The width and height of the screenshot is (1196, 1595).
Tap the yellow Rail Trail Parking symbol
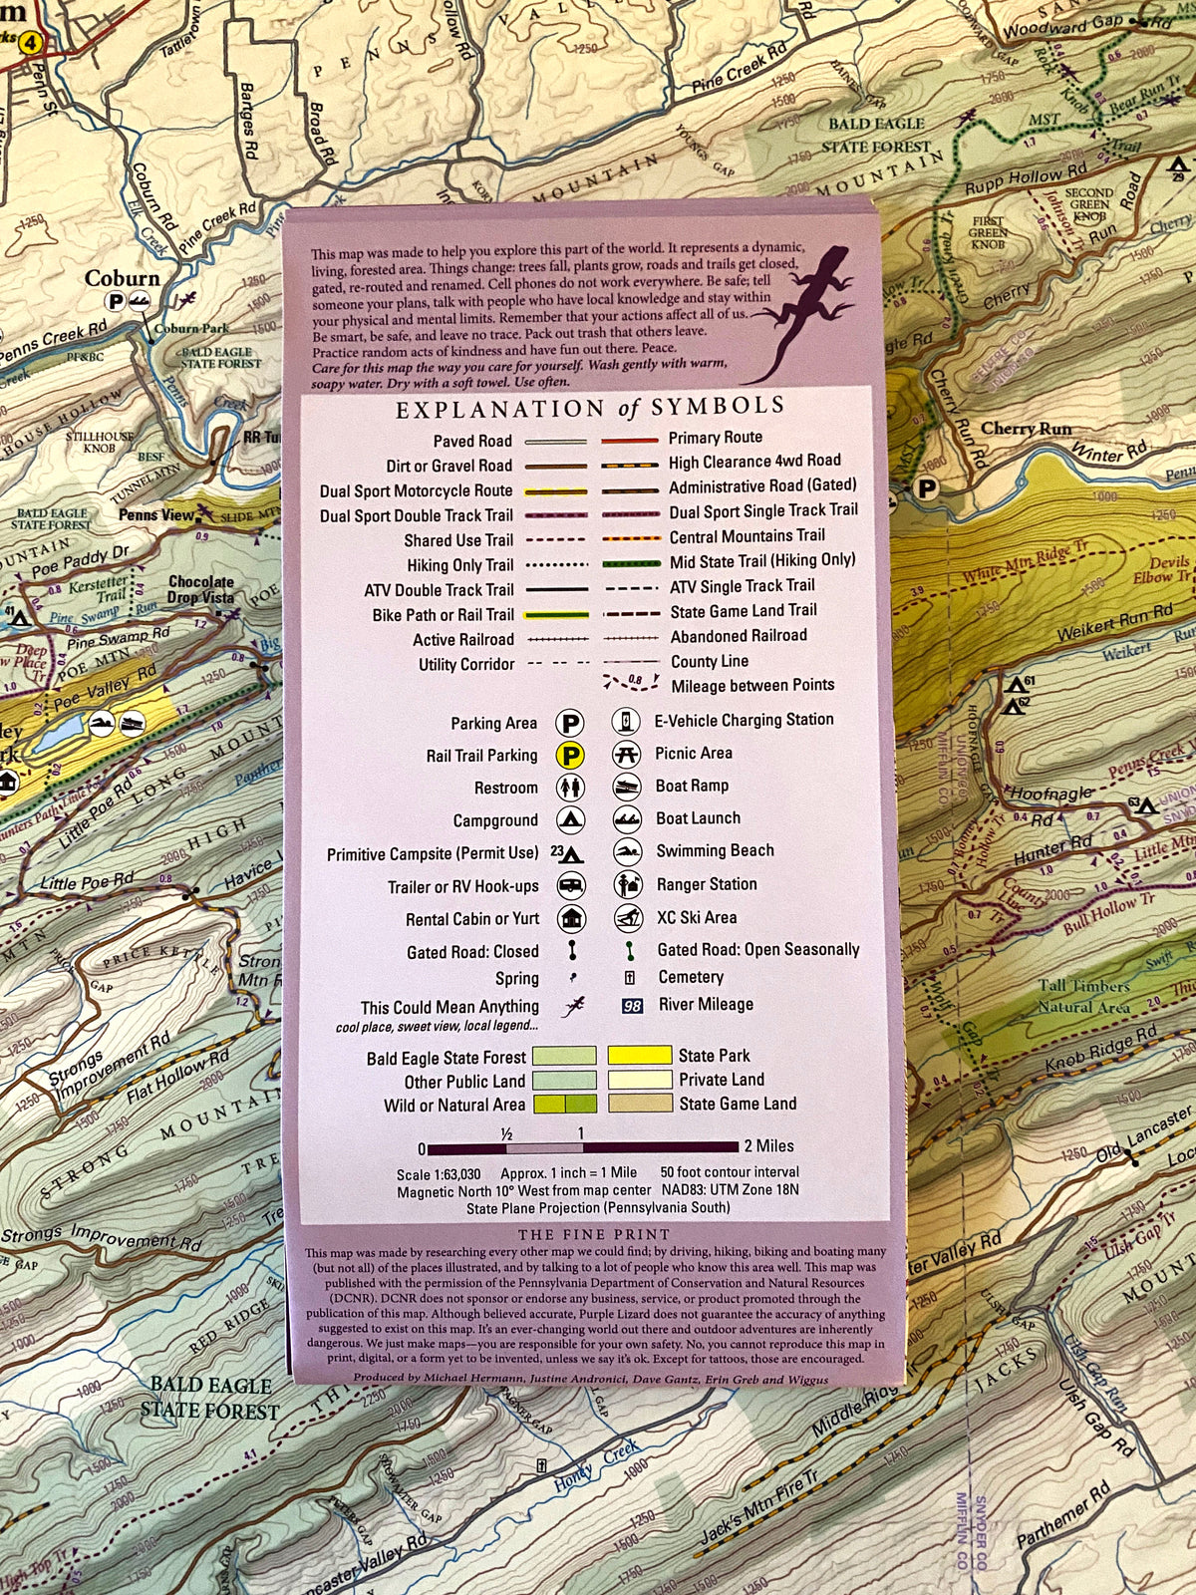pyautogui.click(x=570, y=756)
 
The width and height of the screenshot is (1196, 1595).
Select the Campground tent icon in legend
pyautogui.click(x=570, y=820)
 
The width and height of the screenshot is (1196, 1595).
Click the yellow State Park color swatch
pyautogui.click(x=640, y=1055)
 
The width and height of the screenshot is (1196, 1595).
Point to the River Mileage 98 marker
pyautogui.click(x=632, y=1006)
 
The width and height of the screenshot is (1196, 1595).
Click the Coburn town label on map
pyautogui.click(x=122, y=279)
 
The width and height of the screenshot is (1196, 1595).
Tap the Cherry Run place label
pyautogui.click(x=1027, y=429)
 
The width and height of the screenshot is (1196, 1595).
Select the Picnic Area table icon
pyautogui.click(x=626, y=754)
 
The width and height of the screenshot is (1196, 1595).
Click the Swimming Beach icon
pyautogui.click(x=626, y=852)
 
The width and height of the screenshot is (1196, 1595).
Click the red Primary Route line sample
pyautogui.click(x=629, y=440)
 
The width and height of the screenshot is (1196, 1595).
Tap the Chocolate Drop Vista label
pyautogui.click(x=200, y=589)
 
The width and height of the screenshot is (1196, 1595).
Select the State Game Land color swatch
pyautogui.click(x=640, y=1104)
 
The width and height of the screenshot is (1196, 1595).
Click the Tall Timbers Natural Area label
pyautogui.click(x=1084, y=996)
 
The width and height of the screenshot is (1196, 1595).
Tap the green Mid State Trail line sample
pyautogui.click(x=630, y=563)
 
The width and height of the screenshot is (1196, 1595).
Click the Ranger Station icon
pyautogui.click(x=627, y=885)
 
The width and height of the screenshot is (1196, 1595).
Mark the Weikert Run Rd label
pyautogui.click(x=1114, y=623)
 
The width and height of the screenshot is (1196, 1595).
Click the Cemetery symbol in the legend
pyautogui.click(x=630, y=978)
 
